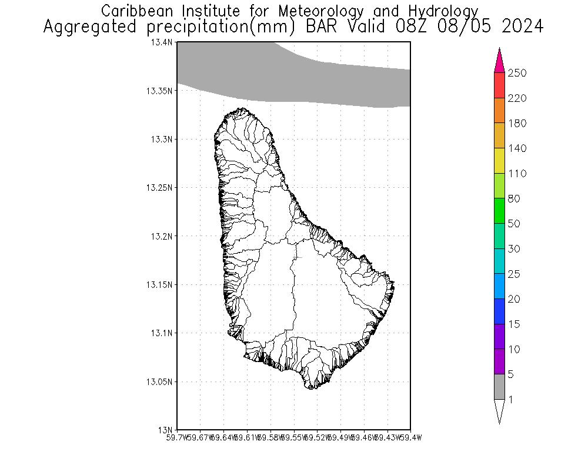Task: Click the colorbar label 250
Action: (517, 73)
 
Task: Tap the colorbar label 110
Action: (517, 174)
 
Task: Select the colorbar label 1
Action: (511, 400)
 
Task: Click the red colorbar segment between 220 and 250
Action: (499, 85)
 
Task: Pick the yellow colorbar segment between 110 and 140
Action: (499, 161)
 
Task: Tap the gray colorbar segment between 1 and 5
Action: (499, 387)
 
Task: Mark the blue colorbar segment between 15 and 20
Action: (499, 311)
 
